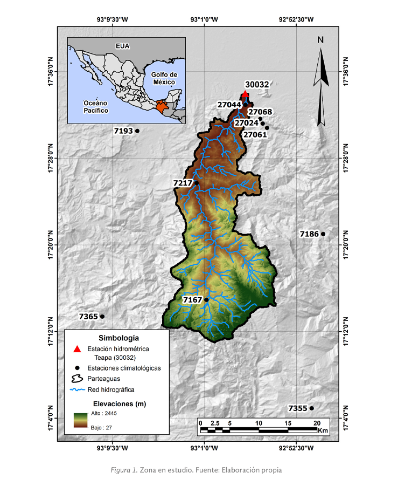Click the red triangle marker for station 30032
pos(245,94)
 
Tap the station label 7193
pos(123,131)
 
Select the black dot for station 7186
pos(323,234)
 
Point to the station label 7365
pos(88,317)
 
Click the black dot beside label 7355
pos(311,408)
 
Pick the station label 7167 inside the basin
pos(192,299)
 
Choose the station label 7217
pos(183,183)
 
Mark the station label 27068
pos(260,112)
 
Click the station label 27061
pos(255,134)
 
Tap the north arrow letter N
pos(320,39)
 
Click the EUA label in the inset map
pos(123,46)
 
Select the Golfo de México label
pos(164,78)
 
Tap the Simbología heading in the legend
pos(116,338)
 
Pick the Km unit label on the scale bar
pos(323,430)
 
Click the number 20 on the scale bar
pos(317,422)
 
